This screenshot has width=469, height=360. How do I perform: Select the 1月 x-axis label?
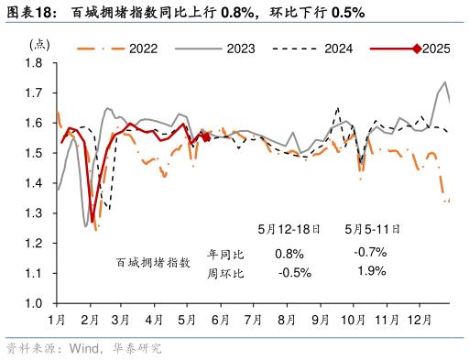[x=56, y=320]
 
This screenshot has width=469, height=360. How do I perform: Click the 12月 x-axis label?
[x=420, y=320]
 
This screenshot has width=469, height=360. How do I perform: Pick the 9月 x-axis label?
[x=321, y=320]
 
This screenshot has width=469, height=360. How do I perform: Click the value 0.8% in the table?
[x=288, y=253]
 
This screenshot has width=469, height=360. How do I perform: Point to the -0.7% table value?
[x=369, y=253]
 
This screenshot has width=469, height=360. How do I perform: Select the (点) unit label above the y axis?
[x=40, y=43]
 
